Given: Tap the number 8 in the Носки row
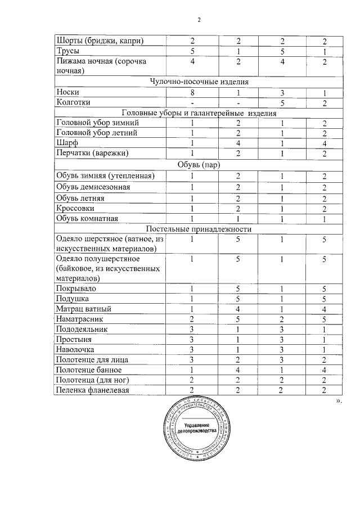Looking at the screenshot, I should click(192, 92).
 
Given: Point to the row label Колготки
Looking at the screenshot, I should click(74, 102).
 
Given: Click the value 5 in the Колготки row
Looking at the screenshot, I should click(282, 102).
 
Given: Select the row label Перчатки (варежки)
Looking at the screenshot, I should click(93, 153).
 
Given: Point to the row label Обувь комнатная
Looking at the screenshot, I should click(90, 218).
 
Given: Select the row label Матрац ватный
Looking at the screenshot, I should click(84, 309).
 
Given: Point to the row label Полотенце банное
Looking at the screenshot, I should click(89, 370).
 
